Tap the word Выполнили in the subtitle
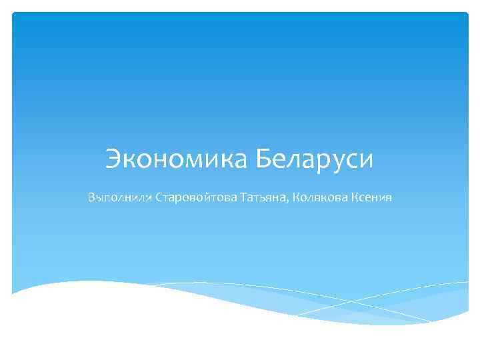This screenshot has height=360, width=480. pos(119,198)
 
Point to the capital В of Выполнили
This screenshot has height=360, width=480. pos(91,198)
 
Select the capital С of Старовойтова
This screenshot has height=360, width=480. pos(159,198)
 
